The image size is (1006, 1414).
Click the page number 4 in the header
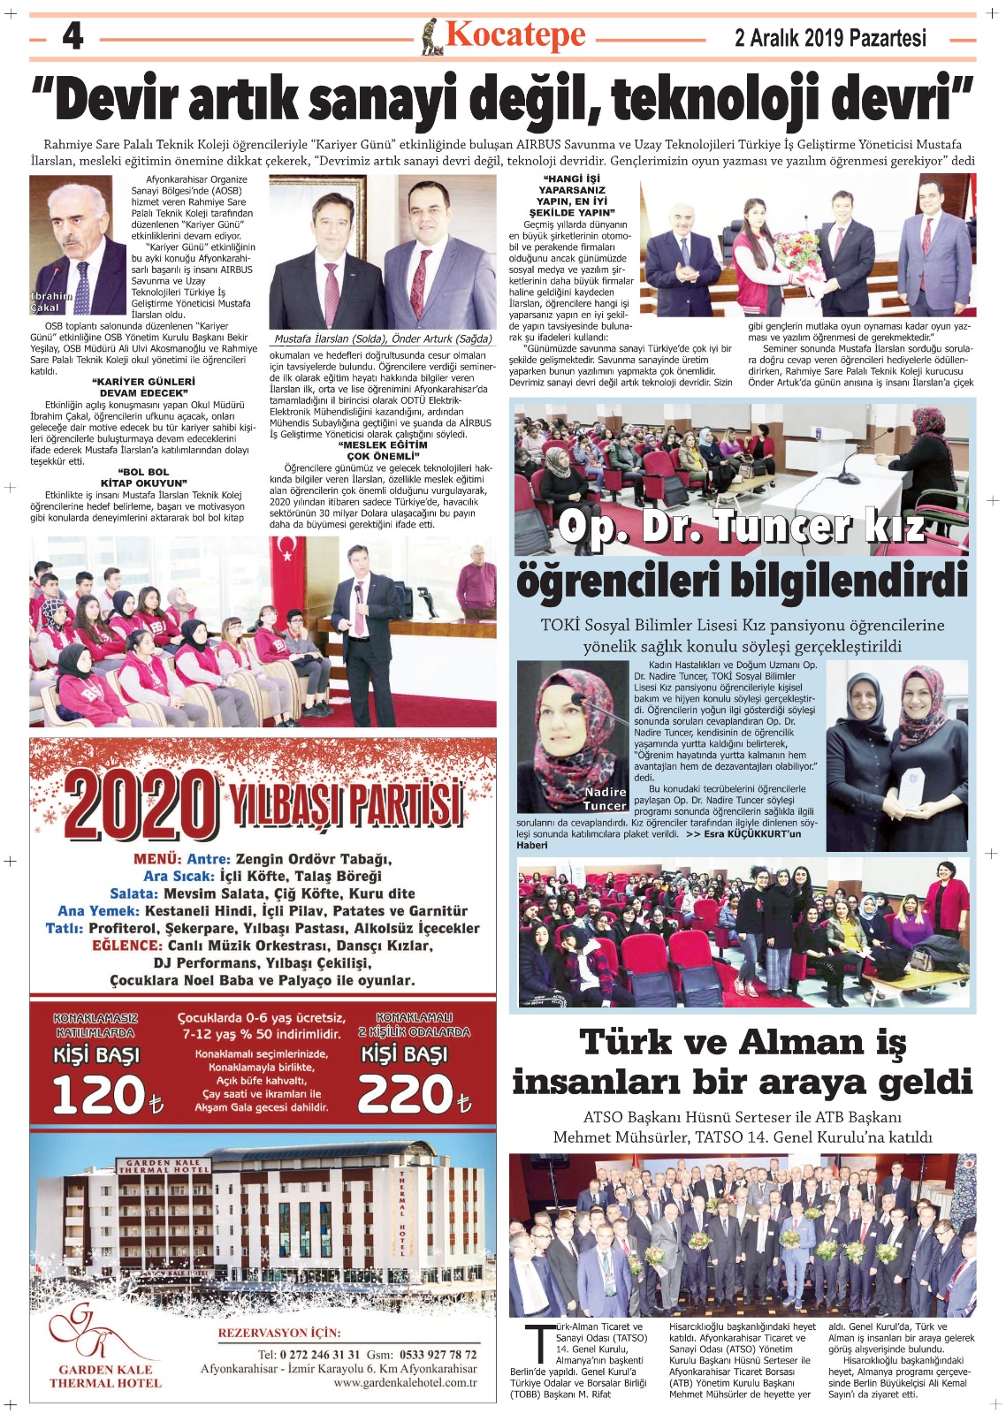pyautogui.click(x=72, y=37)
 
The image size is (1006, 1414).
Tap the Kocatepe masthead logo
pyautogui.click(x=506, y=36)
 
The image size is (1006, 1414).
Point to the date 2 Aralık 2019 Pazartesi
pyautogui.click(x=830, y=38)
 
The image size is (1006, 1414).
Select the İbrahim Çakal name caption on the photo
pyautogui.click(x=50, y=302)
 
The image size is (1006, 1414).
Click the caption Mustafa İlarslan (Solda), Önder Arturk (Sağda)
pyautogui.click(x=383, y=338)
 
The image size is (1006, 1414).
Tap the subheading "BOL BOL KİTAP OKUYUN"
pyautogui.click(x=142, y=477)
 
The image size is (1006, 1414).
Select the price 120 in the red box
pyautogui.click(x=98, y=1095)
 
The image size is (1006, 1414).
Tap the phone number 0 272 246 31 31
pyautogui.click(x=320, y=1354)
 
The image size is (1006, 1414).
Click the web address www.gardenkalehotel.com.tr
pyautogui.click(x=405, y=1382)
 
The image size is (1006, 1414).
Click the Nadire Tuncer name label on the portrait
pyautogui.click(x=605, y=799)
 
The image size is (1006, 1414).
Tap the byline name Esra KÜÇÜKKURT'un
pyautogui.click(x=752, y=833)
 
